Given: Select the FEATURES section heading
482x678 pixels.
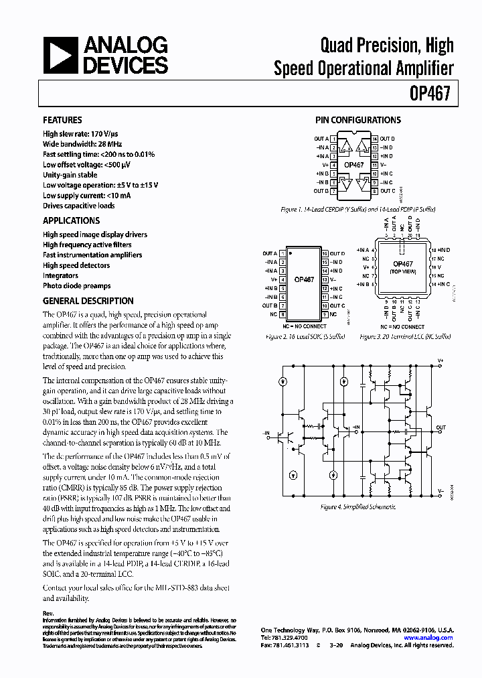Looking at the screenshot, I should coord(63,121).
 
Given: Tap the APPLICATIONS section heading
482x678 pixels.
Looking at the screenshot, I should coord(71,220).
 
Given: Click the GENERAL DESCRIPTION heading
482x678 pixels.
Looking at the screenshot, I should coord(88,301).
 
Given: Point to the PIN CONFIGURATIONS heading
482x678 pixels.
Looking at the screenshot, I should coord(358,121).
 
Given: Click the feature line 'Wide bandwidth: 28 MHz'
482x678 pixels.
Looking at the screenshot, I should coord(82,144).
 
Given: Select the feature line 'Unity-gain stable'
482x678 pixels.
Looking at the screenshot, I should coord(70,175).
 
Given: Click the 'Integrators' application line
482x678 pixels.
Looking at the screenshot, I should coord(60,275).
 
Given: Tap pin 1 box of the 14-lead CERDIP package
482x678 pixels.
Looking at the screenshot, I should coord(333,139).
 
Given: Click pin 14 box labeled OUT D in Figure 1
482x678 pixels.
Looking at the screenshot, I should coord(375,139).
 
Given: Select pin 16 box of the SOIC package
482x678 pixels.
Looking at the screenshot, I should coord(324,254).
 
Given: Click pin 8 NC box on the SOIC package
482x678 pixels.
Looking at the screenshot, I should coord(283,314).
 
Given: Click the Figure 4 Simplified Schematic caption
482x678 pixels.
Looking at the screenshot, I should coord(358,507).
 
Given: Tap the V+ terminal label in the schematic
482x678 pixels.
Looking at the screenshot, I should coord(440,360).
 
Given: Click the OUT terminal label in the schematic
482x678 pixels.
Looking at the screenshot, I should coord(440,427).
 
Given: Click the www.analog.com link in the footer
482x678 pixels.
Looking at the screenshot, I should coord(428,638).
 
